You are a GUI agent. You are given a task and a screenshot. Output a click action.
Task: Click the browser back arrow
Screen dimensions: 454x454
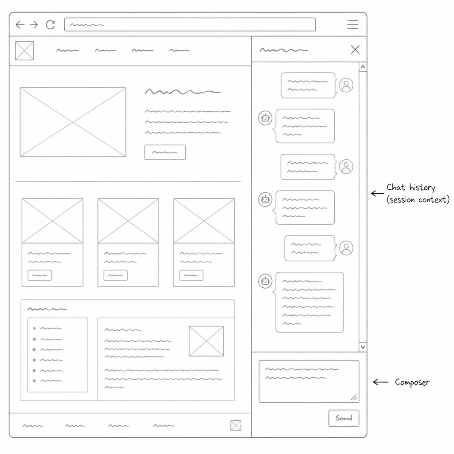(x=20, y=25)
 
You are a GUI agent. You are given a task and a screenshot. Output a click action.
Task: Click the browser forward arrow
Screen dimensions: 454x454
(x=34, y=25)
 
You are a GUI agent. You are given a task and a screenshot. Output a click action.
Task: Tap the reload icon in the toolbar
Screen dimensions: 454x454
(x=51, y=25)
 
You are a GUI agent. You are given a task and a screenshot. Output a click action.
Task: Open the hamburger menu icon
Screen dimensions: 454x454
(x=352, y=25)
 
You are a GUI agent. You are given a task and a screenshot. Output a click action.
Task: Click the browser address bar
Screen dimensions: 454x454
(x=190, y=25)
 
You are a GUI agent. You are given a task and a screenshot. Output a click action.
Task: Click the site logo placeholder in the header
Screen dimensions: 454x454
(x=25, y=51)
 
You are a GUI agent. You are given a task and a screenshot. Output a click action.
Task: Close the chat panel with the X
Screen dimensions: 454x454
(x=355, y=50)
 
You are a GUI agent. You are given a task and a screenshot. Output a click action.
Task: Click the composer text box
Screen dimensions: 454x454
(x=309, y=381)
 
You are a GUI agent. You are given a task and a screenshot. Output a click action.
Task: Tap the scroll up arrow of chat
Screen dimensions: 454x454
(x=363, y=67)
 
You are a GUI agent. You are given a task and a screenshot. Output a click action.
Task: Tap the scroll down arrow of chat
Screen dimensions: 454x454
(x=363, y=347)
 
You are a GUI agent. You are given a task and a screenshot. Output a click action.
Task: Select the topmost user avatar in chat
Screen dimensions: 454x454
(x=346, y=85)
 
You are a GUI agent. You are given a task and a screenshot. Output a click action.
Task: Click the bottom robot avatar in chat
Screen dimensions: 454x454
(x=265, y=281)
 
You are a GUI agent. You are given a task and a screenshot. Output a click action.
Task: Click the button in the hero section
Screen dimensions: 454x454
(x=165, y=153)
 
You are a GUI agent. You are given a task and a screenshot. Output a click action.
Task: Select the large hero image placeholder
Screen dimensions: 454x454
(x=73, y=122)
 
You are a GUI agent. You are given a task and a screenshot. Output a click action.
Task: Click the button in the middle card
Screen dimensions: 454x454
(x=116, y=275)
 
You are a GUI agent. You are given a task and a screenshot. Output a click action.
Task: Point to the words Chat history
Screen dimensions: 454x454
(x=411, y=188)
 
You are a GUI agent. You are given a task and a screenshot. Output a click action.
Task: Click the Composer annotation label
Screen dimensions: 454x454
(x=412, y=382)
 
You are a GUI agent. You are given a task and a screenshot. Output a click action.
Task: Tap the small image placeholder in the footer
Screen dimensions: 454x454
(x=236, y=426)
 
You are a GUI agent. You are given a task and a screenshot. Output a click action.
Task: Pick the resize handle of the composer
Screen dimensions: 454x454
(x=354, y=398)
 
